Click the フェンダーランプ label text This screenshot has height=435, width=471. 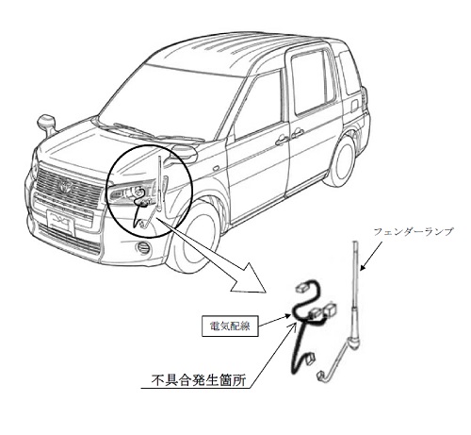tap(414, 232)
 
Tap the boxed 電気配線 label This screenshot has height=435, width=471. tap(230, 326)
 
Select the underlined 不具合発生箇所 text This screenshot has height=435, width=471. tap(199, 380)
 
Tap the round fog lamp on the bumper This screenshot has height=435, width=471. tap(143, 247)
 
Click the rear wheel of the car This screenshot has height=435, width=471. tap(340, 161)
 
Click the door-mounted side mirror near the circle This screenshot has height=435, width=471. tap(181, 154)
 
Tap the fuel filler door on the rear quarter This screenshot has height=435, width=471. tap(354, 106)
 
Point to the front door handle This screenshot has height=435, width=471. tap(282, 141)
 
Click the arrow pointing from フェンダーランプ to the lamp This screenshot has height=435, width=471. tap(371, 256)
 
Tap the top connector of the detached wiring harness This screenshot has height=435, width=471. tap(301, 286)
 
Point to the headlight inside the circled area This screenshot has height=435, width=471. tap(133, 192)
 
